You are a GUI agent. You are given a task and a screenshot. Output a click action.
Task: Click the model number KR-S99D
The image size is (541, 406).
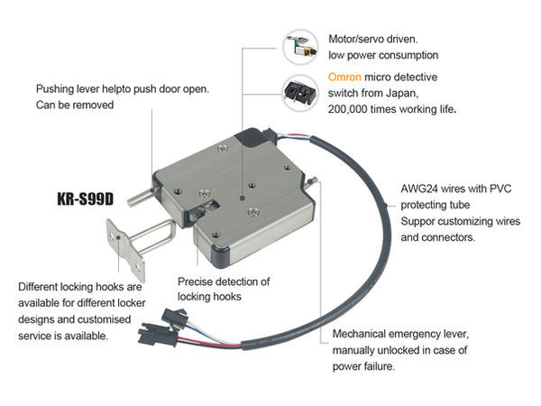86,198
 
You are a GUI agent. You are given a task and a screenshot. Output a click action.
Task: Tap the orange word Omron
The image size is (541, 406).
344,77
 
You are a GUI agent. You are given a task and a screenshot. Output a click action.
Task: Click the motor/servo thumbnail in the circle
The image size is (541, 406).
300,47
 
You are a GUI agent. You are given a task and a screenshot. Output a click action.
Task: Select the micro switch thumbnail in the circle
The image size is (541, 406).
299,93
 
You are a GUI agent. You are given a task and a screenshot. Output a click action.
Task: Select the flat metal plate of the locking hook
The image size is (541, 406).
124,250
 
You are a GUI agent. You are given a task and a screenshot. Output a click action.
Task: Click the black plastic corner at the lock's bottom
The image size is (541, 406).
221,256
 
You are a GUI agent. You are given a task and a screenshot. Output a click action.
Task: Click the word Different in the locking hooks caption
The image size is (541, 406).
38,287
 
